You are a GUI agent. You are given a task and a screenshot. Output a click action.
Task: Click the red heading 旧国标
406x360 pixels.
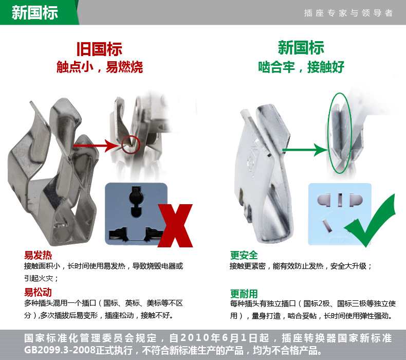(x=99, y=49)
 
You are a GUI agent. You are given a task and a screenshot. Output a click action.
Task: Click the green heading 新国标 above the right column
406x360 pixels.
(x=301, y=48)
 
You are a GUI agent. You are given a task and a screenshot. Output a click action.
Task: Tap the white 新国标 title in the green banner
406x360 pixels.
(x=35, y=12)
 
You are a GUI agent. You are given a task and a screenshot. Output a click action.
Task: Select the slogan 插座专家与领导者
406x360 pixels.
(x=348, y=13)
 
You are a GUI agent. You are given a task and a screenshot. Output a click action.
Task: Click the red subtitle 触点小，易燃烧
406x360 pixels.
(x=100, y=67)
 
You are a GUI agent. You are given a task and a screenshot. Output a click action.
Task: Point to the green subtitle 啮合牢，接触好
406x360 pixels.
(x=301, y=67)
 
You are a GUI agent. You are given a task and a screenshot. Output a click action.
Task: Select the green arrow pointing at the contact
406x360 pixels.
(x=305, y=150)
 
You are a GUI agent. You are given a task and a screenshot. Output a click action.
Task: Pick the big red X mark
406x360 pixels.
(x=175, y=225)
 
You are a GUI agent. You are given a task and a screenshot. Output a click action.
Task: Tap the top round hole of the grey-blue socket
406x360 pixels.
(x=136, y=202)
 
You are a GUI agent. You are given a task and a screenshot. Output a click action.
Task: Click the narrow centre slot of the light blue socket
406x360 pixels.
(x=340, y=200)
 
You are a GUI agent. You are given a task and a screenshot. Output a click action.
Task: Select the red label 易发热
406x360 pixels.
(x=38, y=255)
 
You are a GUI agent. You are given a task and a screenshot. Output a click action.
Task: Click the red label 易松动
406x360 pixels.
(x=38, y=292)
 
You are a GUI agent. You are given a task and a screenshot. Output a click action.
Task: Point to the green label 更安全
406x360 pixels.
(x=244, y=255)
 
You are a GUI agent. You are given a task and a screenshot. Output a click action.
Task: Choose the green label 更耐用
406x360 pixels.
(x=244, y=294)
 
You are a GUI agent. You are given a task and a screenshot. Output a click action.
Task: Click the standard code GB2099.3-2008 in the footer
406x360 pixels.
(x=60, y=350)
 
